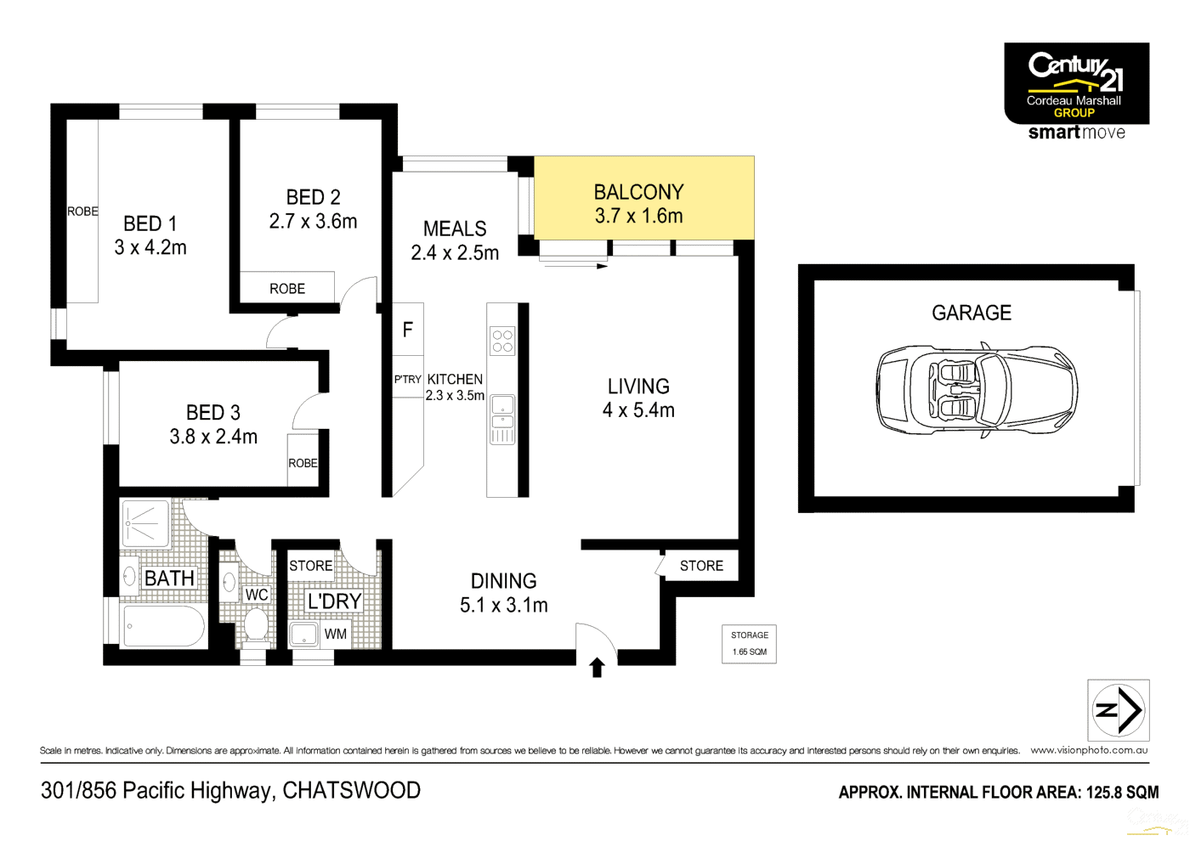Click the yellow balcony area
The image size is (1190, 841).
tap(643, 197)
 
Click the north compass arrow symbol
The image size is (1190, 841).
tap(1119, 710)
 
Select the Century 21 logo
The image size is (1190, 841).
tap(1076, 84)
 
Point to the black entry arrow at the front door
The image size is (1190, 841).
tap(597, 668)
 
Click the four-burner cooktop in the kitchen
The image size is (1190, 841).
tap(502, 341)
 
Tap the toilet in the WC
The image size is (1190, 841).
tap(256, 625)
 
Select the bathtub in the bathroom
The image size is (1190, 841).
tap(163, 627)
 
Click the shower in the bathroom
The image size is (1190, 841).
tap(146, 523)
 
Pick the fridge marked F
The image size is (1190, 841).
tap(408, 330)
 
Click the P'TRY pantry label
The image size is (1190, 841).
tap(408, 380)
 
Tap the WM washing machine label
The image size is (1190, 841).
tap(336, 635)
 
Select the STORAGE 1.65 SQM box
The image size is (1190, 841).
tap(749, 644)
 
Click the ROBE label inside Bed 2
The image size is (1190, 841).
tap(287, 289)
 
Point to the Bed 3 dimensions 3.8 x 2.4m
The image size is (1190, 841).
tap(213, 437)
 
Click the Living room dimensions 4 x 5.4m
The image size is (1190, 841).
tap(638, 410)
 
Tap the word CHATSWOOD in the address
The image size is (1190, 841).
tap(351, 791)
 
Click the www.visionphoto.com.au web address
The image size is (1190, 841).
tap(1089, 750)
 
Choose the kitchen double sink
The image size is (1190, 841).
tap(502, 411)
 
